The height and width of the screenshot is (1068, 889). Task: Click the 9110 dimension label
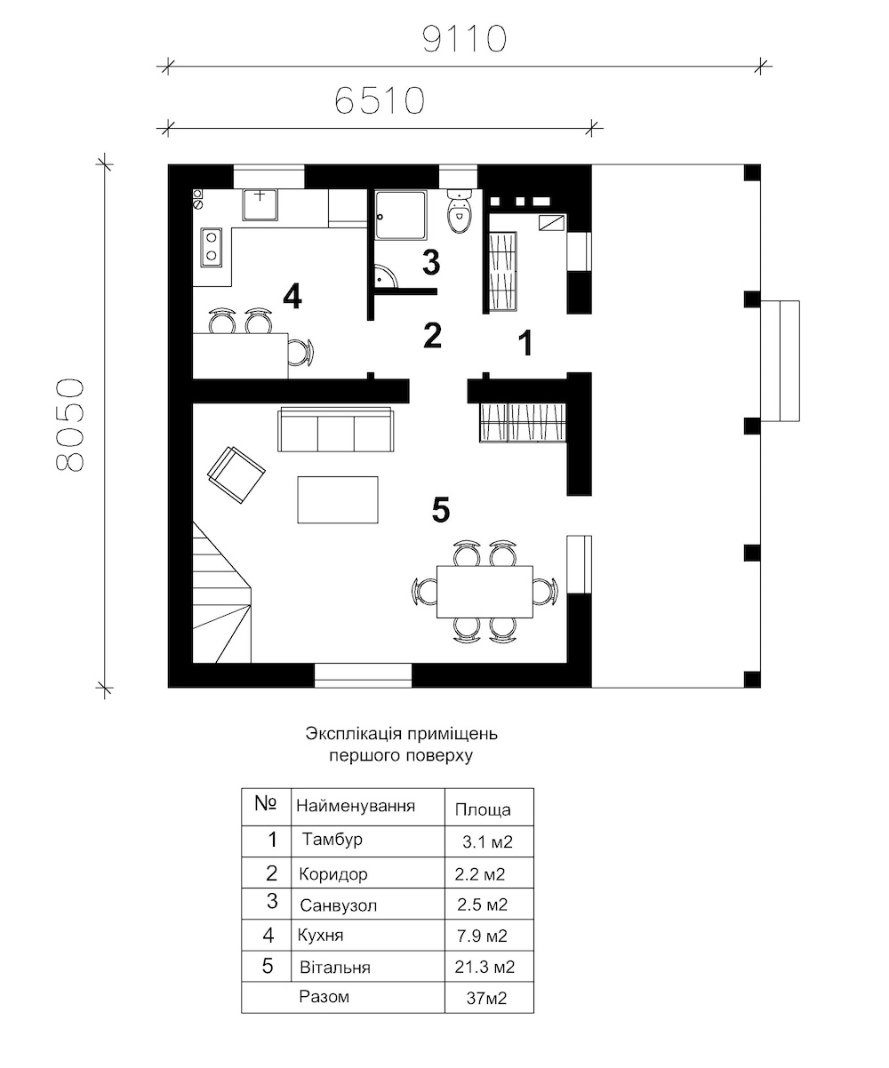pyautogui.click(x=464, y=39)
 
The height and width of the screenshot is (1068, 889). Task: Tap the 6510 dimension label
pyautogui.click(x=380, y=100)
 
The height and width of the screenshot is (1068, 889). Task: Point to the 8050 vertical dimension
pyautogui.click(x=69, y=425)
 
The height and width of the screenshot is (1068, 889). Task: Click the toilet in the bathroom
pyautogui.click(x=461, y=211)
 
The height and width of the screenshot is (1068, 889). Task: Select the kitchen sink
pyautogui.click(x=260, y=204)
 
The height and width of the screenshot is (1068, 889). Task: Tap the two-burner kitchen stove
pyautogui.click(x=211, y=248)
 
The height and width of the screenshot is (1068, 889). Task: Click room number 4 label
pyautogui.click(x=292, y=297)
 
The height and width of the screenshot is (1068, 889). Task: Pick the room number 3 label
pyautogui.click(x=431, y=262)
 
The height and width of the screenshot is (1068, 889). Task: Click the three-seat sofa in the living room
pyautogui.click(x=336, y=430)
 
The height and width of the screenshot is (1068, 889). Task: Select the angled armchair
pyautogui.click(x=236, y=474)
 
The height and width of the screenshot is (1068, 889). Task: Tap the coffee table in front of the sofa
pyautogui.click(x=338, y=499)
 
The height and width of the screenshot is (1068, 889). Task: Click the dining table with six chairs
pyautogui.click(x=485, y=591)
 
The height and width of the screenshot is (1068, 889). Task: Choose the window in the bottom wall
pyautogui.click(x=363, y=675)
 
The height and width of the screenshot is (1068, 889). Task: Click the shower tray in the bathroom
pyautogui.click(x=401, y=215)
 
